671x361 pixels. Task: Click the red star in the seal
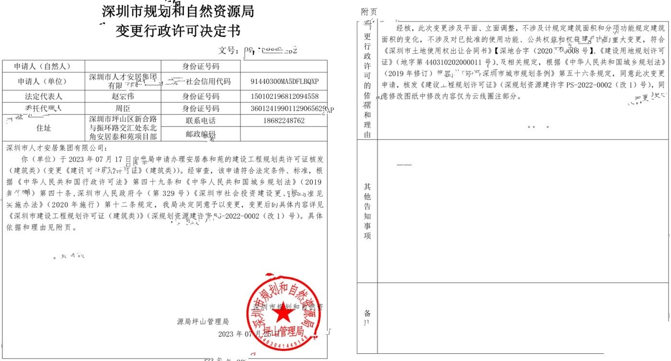point(284,314)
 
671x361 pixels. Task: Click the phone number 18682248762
point(284,120)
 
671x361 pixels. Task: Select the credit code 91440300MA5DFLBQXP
point(284,81)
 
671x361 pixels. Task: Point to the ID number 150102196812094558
point(284,96)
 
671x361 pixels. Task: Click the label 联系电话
point(200,120)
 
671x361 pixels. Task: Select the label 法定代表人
point(44,96)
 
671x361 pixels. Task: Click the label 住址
point(44,128)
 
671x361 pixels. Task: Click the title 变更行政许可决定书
point(178,31)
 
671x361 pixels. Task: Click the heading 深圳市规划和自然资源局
point(178,11)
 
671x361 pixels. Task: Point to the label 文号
point(228,50)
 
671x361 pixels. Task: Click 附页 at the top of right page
point(369,12)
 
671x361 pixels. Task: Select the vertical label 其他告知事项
point(367,211)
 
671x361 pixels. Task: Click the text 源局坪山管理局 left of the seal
point(203,322)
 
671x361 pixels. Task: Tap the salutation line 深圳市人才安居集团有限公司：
point(55,148)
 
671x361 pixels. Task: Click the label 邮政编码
point(200,134)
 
